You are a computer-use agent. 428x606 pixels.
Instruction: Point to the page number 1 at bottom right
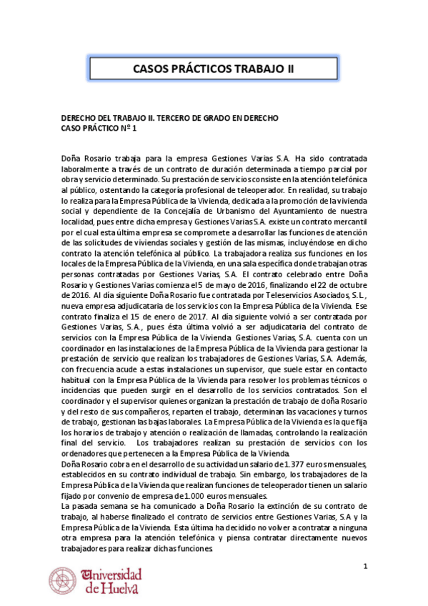click(x=365, y=567)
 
